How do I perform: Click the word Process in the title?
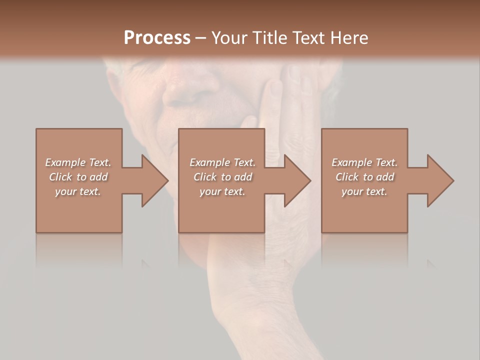coord(157,38)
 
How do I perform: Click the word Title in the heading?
coord(269,38)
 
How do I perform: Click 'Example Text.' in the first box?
coord(78,162)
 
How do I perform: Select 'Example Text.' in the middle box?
coord(222,162)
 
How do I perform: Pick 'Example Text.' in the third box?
coord(364,162)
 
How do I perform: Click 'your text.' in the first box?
coord(78,191)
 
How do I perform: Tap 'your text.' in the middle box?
coord(222,191)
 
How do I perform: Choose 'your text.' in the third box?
coord(364,191)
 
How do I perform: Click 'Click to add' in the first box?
coord(78,177)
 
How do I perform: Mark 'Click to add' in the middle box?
coord(222,177)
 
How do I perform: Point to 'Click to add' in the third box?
coord(364,177)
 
